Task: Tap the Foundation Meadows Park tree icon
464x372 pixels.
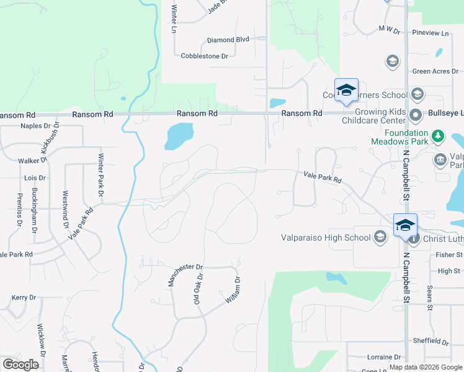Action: [x=438, y=135]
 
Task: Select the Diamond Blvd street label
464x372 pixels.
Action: [x=228, y=40]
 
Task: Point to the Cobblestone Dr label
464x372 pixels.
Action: [x=205, y=56]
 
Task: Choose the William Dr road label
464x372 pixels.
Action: [x=232, y=290]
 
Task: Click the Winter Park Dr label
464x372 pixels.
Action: [x=100, y=175]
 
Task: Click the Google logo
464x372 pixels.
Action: [x=21, y=364]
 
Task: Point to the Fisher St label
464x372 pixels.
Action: [x=449, y=255]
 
